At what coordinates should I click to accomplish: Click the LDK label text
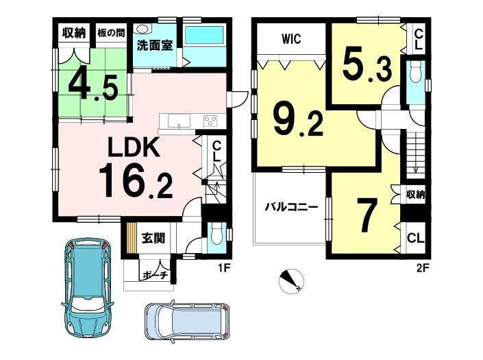[134, 147]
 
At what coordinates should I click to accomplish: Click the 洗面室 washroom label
[154, 46]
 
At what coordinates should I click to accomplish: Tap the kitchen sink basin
[179, 121]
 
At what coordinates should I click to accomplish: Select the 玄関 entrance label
[153, 238]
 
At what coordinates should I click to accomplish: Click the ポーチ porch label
[156, 274]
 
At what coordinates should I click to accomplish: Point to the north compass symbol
[291, 280]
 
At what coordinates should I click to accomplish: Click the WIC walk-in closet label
[291, 39]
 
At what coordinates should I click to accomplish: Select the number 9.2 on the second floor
[298, 119]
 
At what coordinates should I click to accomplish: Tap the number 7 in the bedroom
[367, 215]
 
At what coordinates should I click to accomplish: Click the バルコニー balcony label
[291, 206]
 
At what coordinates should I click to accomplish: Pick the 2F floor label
[422, 268]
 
